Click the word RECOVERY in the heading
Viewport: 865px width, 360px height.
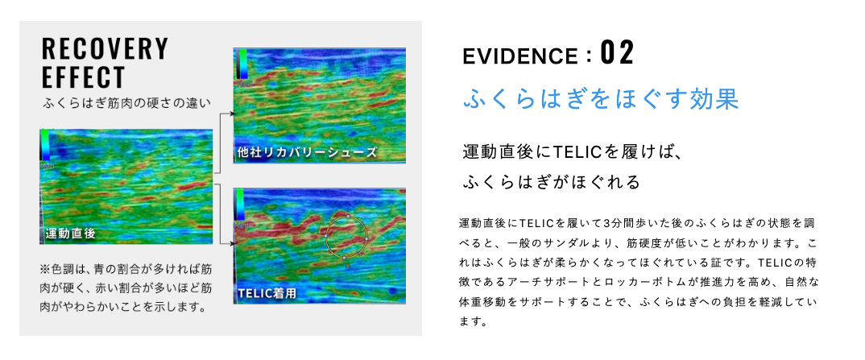[x=105, y=49]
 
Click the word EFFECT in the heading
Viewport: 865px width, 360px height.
[x=83, y=78]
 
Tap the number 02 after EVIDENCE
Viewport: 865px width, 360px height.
[x=617, y=54]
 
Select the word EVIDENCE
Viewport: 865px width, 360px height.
[x=521, y=56]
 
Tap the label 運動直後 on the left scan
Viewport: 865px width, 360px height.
[x=71, y=234]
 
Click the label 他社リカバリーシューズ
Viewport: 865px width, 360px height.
[x=307, y=152]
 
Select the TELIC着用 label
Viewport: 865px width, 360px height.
[x=267, y=293]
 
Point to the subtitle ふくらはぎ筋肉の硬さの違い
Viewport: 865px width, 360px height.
[x=127, y=102]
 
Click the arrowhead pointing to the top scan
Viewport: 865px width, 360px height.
[x=233, y=114]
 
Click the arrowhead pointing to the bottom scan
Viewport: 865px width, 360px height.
[x=233, y=243]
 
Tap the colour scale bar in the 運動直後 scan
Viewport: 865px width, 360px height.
[x=45, y=146]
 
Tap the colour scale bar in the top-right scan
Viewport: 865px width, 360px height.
[x=242, y=64]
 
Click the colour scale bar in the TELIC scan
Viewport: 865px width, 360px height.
[x=242, y=205]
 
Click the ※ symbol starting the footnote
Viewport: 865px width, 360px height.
[x=44, y=270]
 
